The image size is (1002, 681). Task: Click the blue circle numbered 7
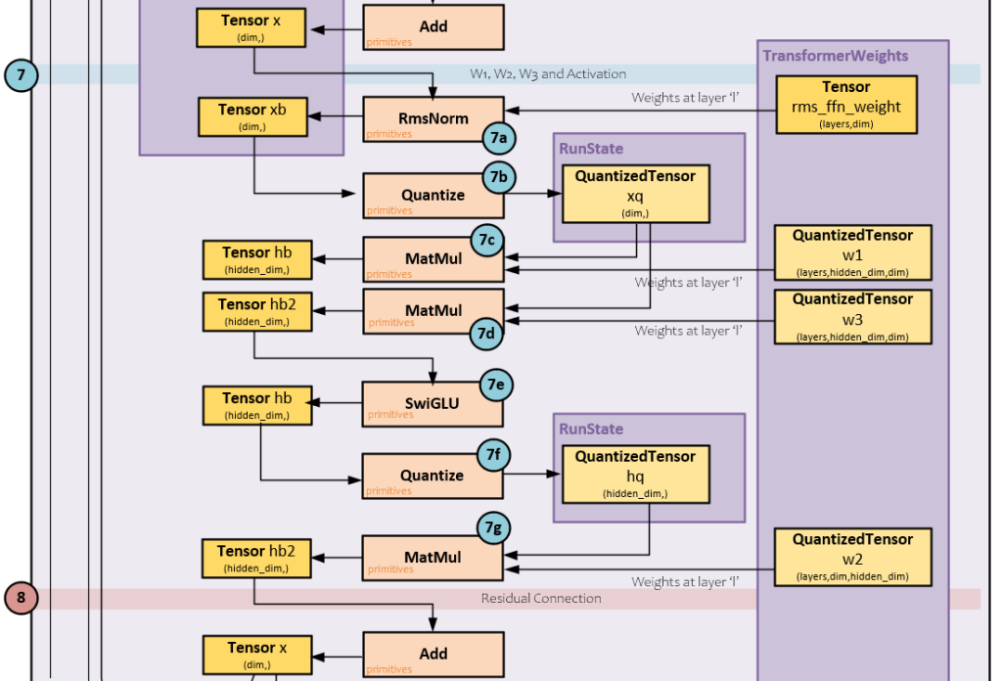21,75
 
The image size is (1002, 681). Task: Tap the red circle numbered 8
21,598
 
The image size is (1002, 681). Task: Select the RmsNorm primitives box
433,119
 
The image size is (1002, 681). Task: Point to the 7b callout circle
497,176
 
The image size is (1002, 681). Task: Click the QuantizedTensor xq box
635,194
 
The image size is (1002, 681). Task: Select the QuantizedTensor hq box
635,475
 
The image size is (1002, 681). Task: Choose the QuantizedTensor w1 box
852,252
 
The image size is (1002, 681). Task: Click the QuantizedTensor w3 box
852,316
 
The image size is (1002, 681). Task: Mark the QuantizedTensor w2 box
852,557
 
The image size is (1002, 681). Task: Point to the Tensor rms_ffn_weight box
845,104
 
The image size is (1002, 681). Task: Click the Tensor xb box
252,116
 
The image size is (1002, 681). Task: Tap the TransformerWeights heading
835,56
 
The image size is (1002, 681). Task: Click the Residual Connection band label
540,598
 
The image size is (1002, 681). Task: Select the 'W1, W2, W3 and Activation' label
548,74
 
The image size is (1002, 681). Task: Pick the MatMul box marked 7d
433,311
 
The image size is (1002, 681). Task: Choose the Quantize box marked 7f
433,476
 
